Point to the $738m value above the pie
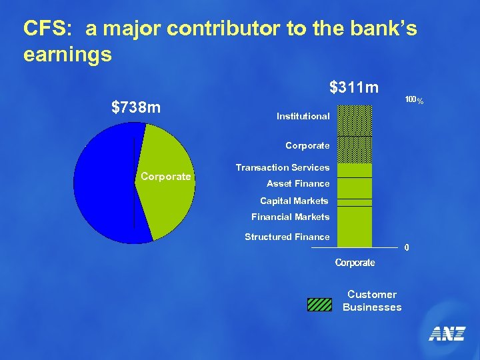tap(136, 107)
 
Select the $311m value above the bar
tap(354, 87)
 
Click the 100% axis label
tap(414, 100)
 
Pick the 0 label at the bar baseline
tap(407, 248)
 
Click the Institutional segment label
tap(303, 116)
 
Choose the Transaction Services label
tap(283, 167)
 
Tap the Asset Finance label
tap(298, 183)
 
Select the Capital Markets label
tap(294, 201)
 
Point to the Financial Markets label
tap(290, 217)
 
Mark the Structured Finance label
tap(287, 237)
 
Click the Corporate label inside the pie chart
tap(165, 177)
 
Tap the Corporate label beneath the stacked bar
tap(355, 263)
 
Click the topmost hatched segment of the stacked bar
tap(355, 120)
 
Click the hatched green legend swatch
tap(319, 304)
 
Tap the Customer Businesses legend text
tap(372, 301)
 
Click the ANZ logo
tap(446, 334)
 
